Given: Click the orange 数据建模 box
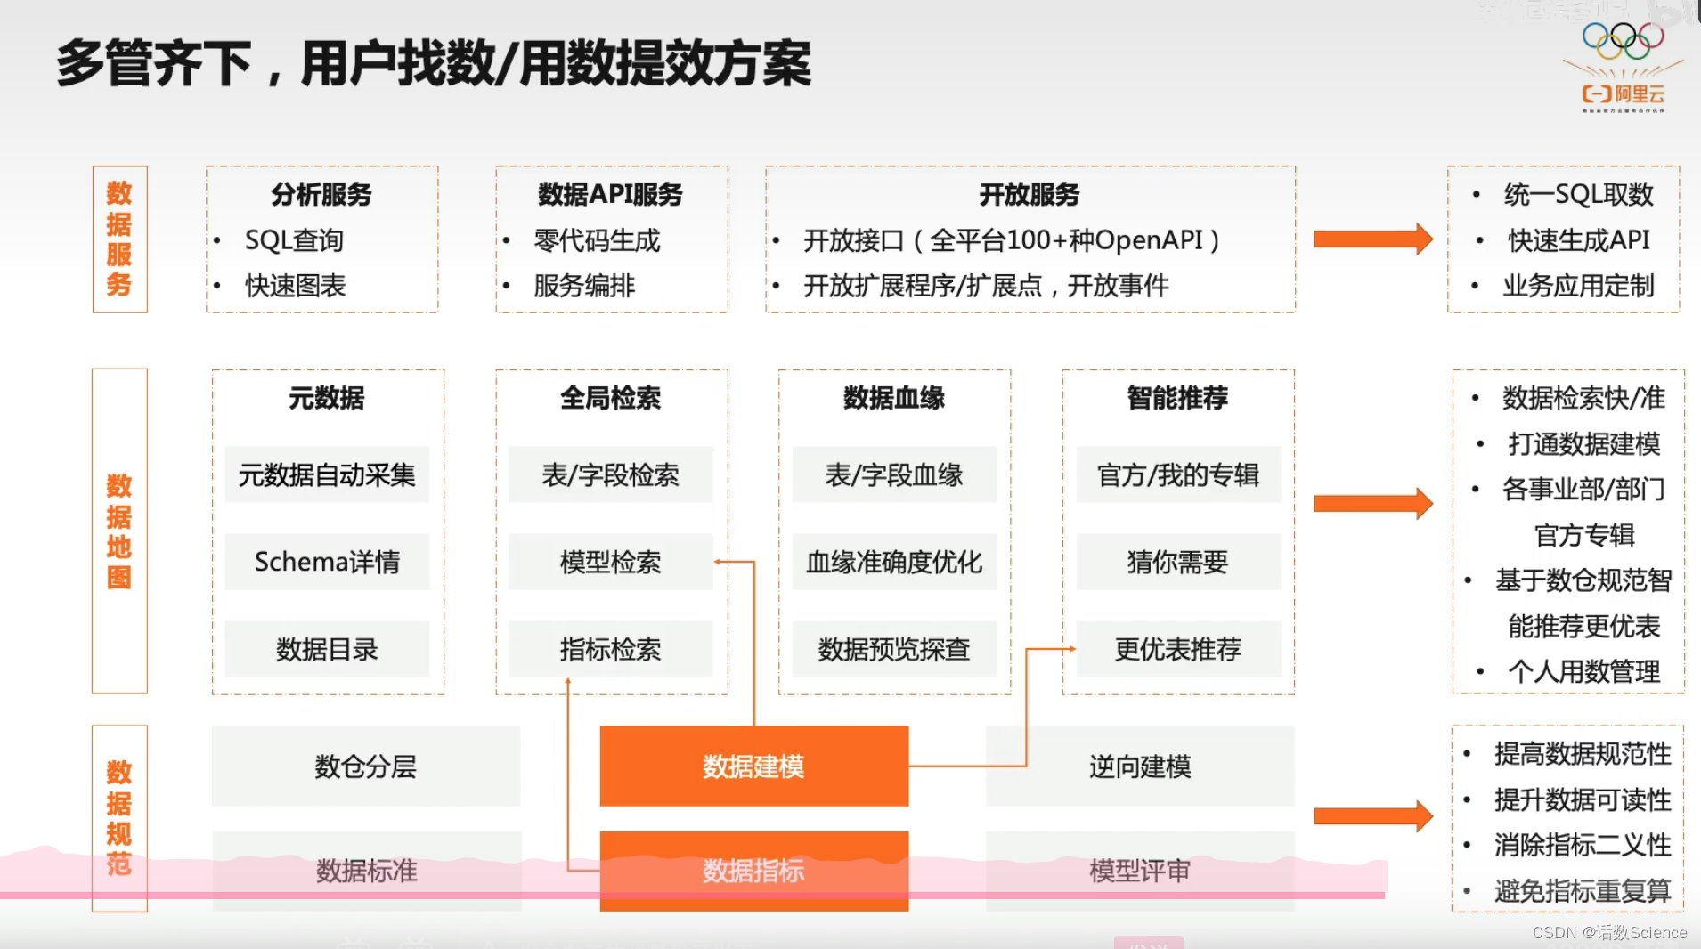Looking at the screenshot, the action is (x=753, y=766).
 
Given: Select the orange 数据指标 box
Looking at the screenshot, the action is (x=753, y=870).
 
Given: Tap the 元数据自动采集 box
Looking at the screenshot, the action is (x=327, y=474).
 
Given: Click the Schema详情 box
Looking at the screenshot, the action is (x=327, y=562).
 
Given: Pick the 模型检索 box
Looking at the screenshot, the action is (x=610, y=562).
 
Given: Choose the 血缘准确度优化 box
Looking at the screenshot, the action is (x=894, y=562).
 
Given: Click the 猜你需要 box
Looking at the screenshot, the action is (x=1177, y=562).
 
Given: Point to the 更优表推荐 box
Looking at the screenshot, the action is (x=1177, y=649).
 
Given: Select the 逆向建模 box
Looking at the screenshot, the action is (x=1139, y=766).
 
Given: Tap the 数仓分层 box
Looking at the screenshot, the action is (x=365, y=766).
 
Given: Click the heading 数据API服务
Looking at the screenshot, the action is (x=610, y=194).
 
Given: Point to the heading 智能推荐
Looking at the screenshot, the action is (x=1177, y=398).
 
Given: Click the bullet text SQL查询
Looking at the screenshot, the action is (x=294, y=240).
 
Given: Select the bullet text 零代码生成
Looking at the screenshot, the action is (x=597, y=240).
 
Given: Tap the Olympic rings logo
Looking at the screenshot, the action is (x=1623, y=39).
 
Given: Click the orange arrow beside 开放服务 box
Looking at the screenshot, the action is (x=1372, y=239).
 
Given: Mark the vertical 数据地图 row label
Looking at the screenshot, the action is (x=119, y=531).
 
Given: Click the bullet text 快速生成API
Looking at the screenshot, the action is (x=1578, y=240).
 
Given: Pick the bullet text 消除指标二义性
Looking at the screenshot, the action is (x=1582, y=845).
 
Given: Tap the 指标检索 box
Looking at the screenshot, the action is (x=610, y=649).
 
